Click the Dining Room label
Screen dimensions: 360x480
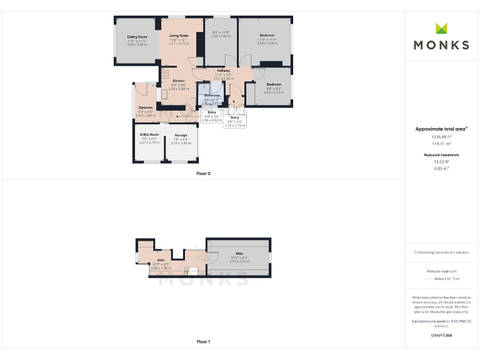tap(137, 37)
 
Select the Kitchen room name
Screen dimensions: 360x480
tap(179, 81)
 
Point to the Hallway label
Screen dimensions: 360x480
tap(223, 71)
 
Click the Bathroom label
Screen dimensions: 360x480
tap(212, 95)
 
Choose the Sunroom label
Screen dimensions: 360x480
tap(145, 107)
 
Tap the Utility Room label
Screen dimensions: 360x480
tap(149, 134)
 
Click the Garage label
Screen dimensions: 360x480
tap(181, 135)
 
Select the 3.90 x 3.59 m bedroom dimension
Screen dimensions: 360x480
tap(267, 42)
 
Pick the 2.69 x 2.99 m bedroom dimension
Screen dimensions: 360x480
tap(274, 92)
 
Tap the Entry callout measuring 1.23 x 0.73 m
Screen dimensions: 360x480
tap(235, 121)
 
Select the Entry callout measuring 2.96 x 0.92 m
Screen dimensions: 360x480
tap(212, 116)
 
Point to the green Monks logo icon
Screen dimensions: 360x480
tap(441, 28)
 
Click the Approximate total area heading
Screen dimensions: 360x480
tap(441, 129)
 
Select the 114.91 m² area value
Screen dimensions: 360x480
tap(441, 142)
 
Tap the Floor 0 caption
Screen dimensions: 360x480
tap(203, 173)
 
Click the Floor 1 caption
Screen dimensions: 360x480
tap(203, 342)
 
